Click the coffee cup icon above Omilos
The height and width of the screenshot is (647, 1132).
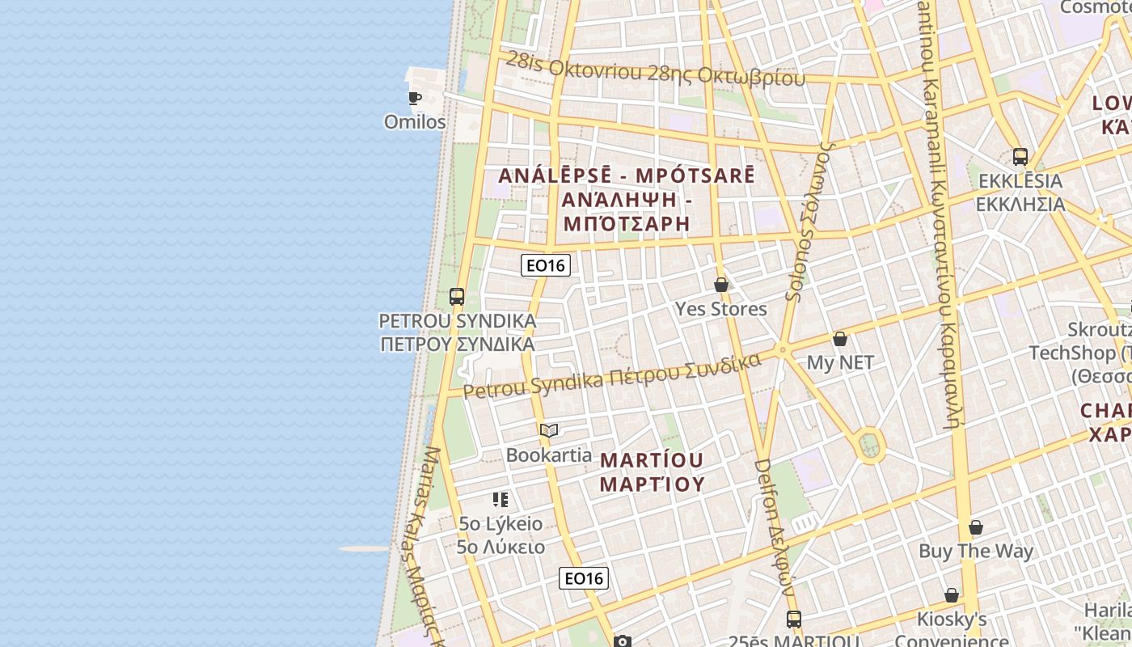click(415, 99)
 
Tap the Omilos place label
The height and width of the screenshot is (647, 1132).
click(415, 122)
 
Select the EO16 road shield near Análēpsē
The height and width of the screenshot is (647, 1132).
click(546, 264)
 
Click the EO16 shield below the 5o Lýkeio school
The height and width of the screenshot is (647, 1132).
click(584, 578)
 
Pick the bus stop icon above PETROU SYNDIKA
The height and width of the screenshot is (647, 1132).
click(457, 297)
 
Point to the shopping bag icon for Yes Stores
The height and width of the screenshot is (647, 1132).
click(721, 285)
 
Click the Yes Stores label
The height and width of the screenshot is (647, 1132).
click(721, 309)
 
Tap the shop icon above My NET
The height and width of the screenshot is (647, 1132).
click(840, 339)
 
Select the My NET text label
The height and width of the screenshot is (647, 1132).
click(840, 363)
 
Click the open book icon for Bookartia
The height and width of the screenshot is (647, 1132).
click(549, 430)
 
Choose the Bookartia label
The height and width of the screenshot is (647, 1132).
click(549, 455)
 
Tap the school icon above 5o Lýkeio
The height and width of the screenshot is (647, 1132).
click(501, 499)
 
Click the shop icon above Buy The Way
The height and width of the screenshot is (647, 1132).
click(976, 527)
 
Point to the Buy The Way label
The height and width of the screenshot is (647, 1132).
click(976, 552)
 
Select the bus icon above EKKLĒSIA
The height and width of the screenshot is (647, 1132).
click(1020, 157)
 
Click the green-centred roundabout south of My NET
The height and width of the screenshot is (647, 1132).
click(870, 444)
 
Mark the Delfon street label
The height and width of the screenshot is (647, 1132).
click(775, 526)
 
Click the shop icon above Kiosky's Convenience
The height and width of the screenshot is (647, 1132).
click(952, 595)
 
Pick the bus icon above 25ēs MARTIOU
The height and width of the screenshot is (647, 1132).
click(794, 620)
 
